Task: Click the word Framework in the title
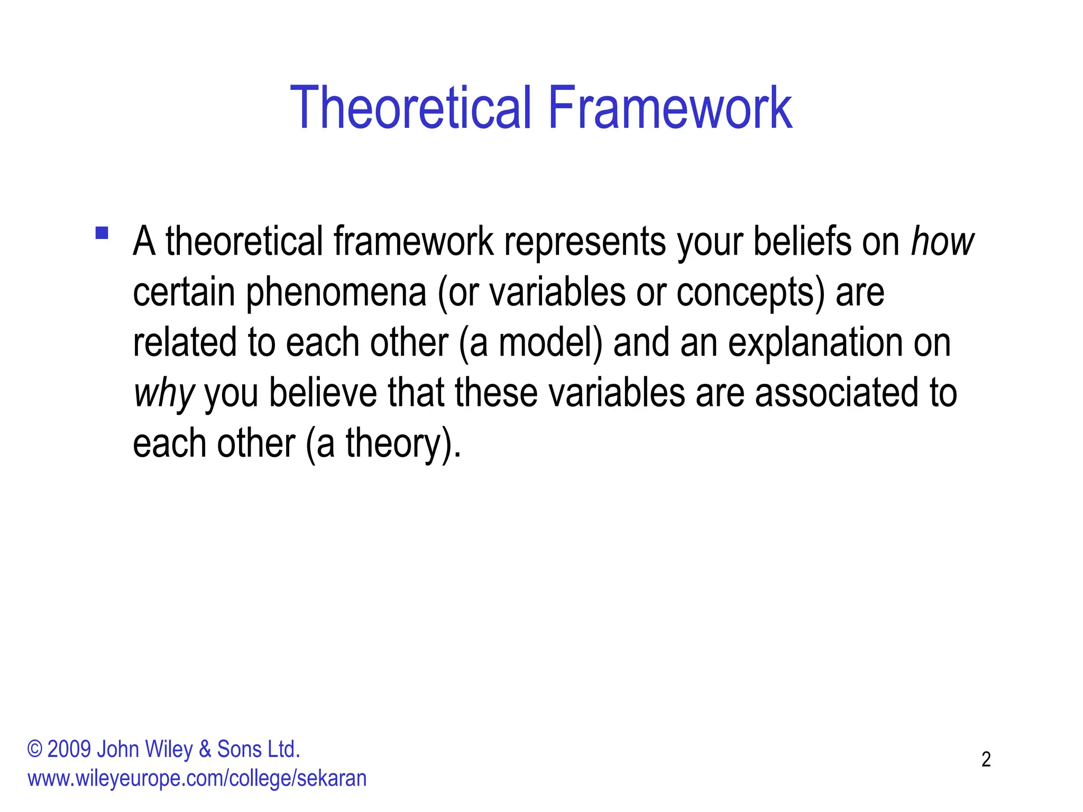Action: pos(670,108)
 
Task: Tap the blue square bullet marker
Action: pos(102,233)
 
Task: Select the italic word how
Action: pos(942,242)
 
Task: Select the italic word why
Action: pos(164,394)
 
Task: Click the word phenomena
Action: pos(336,292)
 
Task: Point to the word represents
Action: pos(585,242)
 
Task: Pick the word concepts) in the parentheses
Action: pos(750,292)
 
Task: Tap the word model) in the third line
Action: pos(550,343)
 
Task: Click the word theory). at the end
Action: pos(403,444)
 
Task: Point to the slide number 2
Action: pos(986,760)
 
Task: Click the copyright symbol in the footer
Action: pos(35,750)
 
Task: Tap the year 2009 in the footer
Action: pos(69,750)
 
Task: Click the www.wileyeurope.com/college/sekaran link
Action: pos(197,779)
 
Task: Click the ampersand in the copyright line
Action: pos(205,750)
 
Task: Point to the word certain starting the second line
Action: pos(183,292)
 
